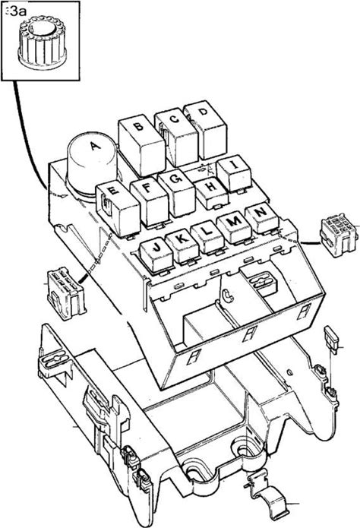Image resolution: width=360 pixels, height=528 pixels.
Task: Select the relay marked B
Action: (x=142, y=145)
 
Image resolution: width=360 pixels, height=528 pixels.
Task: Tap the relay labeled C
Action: (x=176, y=138)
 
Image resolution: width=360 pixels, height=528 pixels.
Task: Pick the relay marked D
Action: (x=205, y=130)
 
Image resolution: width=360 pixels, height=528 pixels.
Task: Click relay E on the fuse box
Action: (x=118, y=210)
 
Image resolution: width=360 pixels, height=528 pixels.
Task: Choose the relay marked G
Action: (x=176, y=193)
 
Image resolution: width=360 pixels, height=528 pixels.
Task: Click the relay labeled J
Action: (x=156, y=255)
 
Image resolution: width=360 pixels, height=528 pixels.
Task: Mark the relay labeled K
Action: (x=182, y=246)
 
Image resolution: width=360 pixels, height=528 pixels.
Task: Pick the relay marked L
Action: (x=208, y=238)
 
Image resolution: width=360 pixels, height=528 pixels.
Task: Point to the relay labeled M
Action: (x=234, y=229)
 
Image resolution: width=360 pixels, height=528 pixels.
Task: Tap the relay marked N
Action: (x=262, y=219)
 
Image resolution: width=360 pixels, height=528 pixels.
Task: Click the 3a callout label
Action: (x=16, y=12)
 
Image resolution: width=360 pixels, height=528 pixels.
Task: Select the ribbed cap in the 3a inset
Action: (x=43, y=42)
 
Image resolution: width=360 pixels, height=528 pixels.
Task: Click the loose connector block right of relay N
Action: (x=338, y=235)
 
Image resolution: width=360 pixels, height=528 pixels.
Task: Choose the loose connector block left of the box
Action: (x=65, y=293)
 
